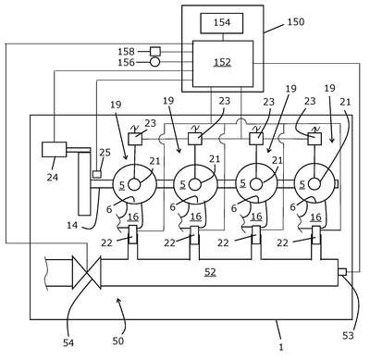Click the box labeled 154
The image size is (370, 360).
[x=222, y=23]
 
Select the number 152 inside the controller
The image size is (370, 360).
[x=222, y=62]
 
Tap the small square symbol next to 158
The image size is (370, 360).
[x=155, y=51]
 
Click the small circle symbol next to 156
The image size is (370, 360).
[x=155, y=62]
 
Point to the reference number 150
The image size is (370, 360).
[x=296, y=22]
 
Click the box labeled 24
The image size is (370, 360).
[x=54, y=149]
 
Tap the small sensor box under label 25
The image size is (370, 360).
[x=97, y=174]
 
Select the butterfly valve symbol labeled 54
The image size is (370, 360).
[x=87, y=272]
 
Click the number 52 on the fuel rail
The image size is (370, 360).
[x=210, y=272]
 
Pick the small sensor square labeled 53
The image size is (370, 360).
[x=342, y=272]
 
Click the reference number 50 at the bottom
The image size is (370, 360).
[x=118, y=341]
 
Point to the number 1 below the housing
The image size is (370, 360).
[x=281, y=347]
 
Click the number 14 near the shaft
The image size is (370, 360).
[x=72, y=226]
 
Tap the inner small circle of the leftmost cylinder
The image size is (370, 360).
[x=134, y=185]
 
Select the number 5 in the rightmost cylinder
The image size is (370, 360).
[x=302, y=184]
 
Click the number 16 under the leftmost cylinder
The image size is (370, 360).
[x=133, y=217]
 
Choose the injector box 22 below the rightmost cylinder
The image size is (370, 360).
[x=316, y=235]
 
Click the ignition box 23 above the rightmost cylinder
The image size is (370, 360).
[x=314, y=139]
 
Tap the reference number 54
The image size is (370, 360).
[x=68, y=342]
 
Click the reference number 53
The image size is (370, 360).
[x=348, y=336]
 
